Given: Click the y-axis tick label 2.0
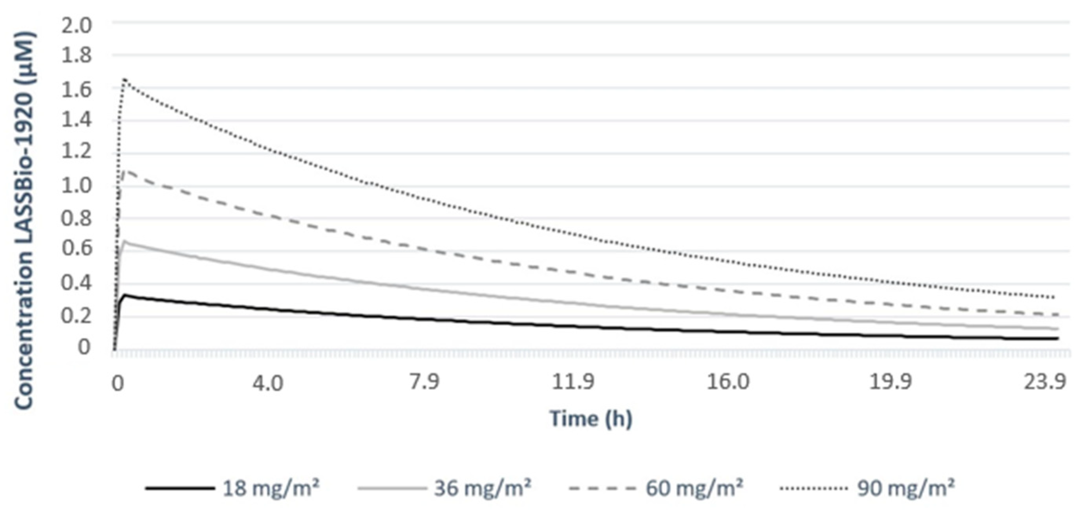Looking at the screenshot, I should pyautogui.click(x=76, y=26).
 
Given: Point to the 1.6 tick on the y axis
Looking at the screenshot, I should pyautogui.click(x=76, y=90).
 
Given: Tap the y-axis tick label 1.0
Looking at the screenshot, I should pyautogui.click(x=76, y=185).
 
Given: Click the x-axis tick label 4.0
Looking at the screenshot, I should pyautogui.click(x=268, y=383).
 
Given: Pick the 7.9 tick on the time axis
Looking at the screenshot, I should pyautogui.click(x=424, y=383).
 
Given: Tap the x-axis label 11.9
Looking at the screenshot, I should pyautogui.click(x=573, y=383).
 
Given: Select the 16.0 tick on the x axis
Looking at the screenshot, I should pyautogui.click(x=728, y=383).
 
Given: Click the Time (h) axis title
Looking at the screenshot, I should pyautogui.click(x=590, y=418).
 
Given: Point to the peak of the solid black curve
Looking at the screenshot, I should pyautogui.click(x=124, y=295).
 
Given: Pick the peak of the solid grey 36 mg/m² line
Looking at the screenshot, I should pyautogui.click(x=124, y=241).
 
